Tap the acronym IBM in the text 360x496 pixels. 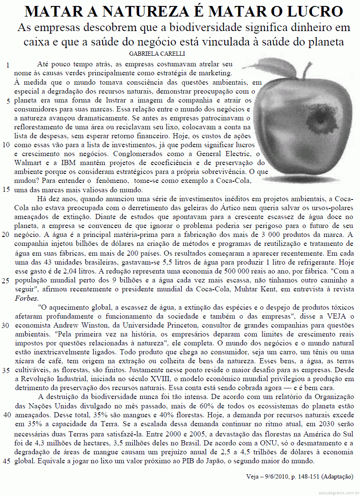(69, 163)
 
